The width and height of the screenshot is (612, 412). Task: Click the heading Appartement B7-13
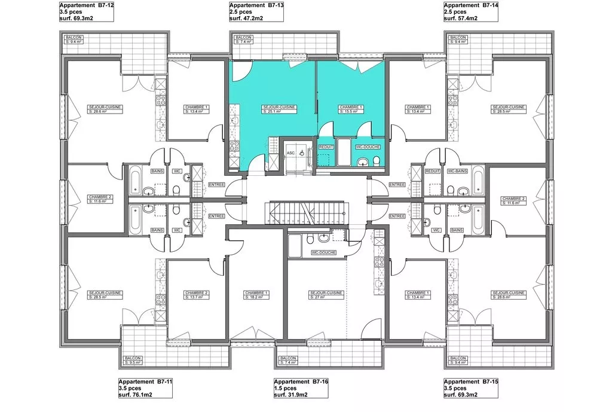pos(256,5)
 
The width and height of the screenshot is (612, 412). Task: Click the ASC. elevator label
pos(290,152)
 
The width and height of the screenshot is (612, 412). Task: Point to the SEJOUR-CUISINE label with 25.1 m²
pos(280,109)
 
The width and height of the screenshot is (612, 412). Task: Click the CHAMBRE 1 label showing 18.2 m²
pos(256,295)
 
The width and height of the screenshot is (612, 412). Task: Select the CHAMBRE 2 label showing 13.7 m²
pos(197,295)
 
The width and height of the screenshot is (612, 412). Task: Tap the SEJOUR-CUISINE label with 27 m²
pos(326,295)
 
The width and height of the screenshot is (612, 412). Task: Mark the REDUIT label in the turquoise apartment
pos(326,147)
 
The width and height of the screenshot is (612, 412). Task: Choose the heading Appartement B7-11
pos(145,382)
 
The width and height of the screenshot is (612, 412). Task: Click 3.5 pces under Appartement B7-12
pos(72,12)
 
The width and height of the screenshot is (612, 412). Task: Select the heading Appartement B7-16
pos(301,382)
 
